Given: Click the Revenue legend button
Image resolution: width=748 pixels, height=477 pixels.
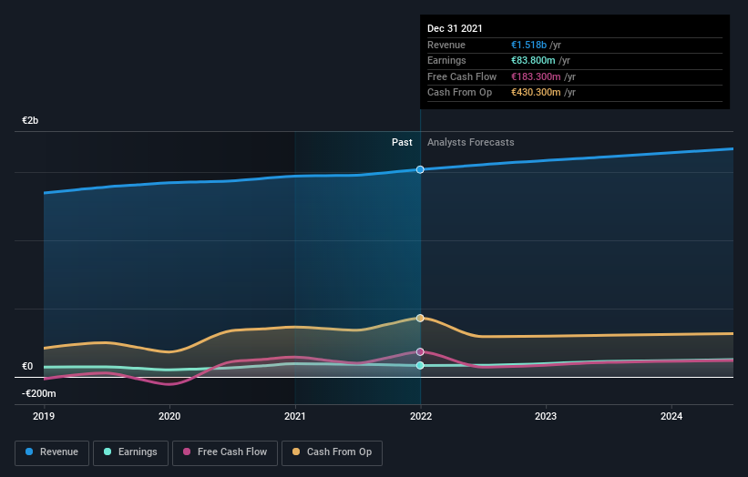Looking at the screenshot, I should pyautogui.click(x=52, y=452).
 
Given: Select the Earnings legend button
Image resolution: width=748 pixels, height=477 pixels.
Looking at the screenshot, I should pyautogui.click(x=130, y=452).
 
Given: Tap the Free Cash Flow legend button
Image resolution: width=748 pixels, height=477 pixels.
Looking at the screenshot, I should pyautogui.click(x=225, y=452).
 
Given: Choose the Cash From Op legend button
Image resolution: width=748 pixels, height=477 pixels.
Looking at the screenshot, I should pyautogui.click(x=332, y=452).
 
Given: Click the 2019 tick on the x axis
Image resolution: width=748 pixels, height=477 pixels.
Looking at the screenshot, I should pyautogui.click(x=44, y=417).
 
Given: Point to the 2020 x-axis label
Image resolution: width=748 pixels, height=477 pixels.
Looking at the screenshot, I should pyautogui.click(x=169, y=417).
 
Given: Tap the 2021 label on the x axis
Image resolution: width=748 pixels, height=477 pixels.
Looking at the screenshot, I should pyautogui.click(x=295, y=417).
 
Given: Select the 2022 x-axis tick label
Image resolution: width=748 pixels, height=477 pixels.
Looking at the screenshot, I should pyautogui.click(x=420, y=417).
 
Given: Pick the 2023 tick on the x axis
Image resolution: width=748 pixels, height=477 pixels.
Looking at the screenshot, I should pyautogui.click(x=546, y=417).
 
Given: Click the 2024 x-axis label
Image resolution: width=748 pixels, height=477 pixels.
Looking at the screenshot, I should pyautogui.click(x=671, y=417).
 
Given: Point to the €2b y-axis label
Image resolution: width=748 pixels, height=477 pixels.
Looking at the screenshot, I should pyautogui.click(x=31, y=120).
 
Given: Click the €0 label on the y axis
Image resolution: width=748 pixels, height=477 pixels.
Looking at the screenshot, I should pyautogui.click(x=27, y=367).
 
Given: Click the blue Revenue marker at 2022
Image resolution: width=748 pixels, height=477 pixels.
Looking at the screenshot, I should pyautogui.click(x=420, y=169).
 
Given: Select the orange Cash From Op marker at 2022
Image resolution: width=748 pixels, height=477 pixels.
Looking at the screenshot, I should pyautogui.click(x=420, y=318).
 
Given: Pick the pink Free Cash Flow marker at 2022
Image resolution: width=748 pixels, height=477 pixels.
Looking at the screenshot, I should pyautogui.click(x=420, y=351).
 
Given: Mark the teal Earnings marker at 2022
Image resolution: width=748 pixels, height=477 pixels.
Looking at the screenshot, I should pyautogui.click(x=420, y=365).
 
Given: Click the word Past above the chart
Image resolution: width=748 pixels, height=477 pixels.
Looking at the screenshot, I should pyautogui.click(x=402, y=142).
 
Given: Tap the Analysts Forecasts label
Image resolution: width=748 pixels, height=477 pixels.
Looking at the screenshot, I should pyautogui.click(x=470, y=142).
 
